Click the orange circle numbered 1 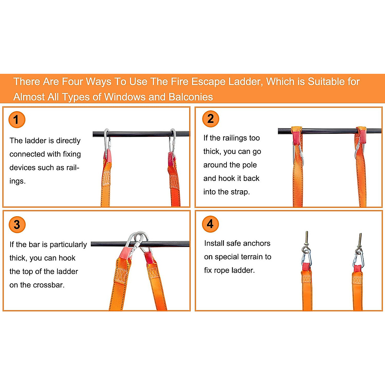17,119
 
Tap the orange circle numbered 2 210,119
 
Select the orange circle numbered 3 17,225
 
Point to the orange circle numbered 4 210,224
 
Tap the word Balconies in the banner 191,97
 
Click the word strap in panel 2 240,192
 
